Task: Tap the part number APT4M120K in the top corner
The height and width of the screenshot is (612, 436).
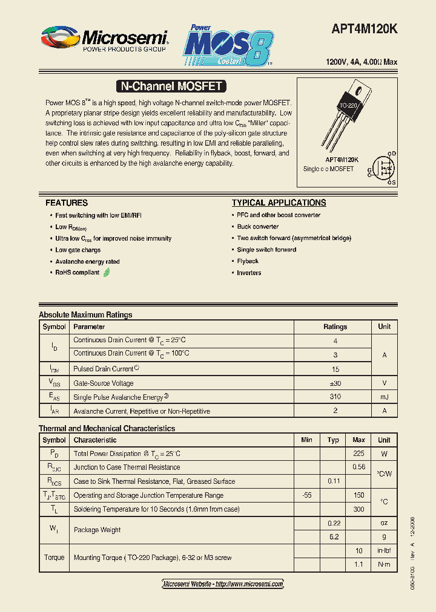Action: click(365, 29)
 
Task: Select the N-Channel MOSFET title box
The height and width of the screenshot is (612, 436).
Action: click(170, 86)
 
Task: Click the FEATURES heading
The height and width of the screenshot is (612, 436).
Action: click(67, 203)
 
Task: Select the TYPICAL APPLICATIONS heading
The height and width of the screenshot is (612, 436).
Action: click(279, 203)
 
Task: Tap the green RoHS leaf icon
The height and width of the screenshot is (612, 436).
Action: click(107, 273)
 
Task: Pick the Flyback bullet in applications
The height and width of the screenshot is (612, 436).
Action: click(248, 261)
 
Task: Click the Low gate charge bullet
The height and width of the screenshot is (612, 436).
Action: click(78, 250)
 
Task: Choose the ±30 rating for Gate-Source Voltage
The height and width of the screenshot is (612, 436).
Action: click(335, 383)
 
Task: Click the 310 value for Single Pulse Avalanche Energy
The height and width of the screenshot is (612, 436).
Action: click(335, 397)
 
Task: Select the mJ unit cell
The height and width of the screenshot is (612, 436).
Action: click(384, 397)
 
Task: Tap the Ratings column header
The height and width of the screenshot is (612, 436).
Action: click(335, 327)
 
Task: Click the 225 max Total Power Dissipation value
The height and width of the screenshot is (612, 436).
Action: click(358, 454)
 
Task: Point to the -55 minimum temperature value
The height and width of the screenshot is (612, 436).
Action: click(306, 495)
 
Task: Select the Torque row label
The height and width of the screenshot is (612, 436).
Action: click(54, 557)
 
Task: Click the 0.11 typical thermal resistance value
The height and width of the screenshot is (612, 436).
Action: click(333, 481)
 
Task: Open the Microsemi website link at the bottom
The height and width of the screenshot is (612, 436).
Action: click(223, 584)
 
